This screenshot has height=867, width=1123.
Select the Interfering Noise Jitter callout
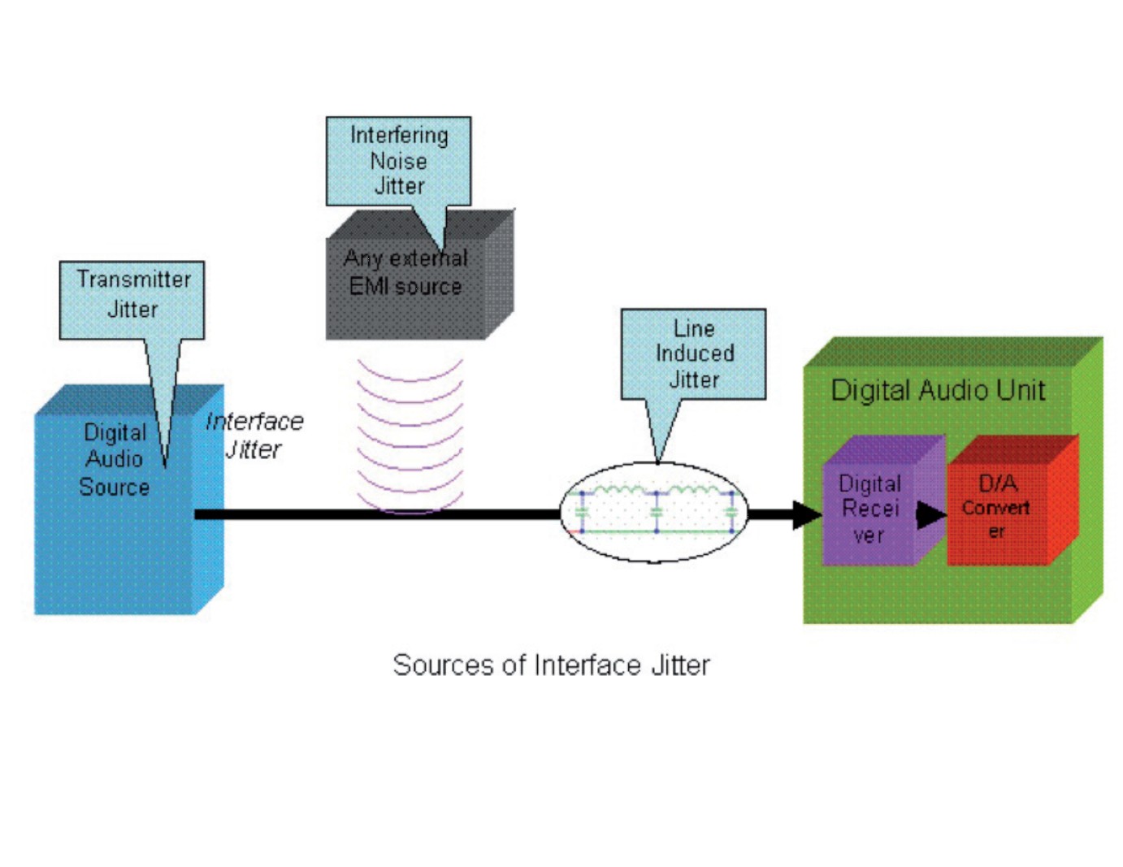tap(398, 160)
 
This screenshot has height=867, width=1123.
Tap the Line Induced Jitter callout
tap(693, 353)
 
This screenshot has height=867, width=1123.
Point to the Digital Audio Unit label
tap(938, 390)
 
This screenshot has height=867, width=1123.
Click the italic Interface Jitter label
tap(254, 435)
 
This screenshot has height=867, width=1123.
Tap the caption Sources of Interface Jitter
tap(551, 665)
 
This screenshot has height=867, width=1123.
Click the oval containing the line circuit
tap(654, 512)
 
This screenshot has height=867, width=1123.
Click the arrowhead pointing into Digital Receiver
tap(808, 514)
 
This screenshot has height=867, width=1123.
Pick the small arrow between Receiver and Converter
tap(931, 514)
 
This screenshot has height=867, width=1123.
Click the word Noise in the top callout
tap(398, 161)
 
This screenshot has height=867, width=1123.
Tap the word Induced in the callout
tap(695, 353)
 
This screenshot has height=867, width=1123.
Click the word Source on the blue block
tap(114, 487)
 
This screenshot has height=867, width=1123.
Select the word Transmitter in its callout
tap(134, 280)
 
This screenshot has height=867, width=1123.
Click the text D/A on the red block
tap(998, 483)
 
